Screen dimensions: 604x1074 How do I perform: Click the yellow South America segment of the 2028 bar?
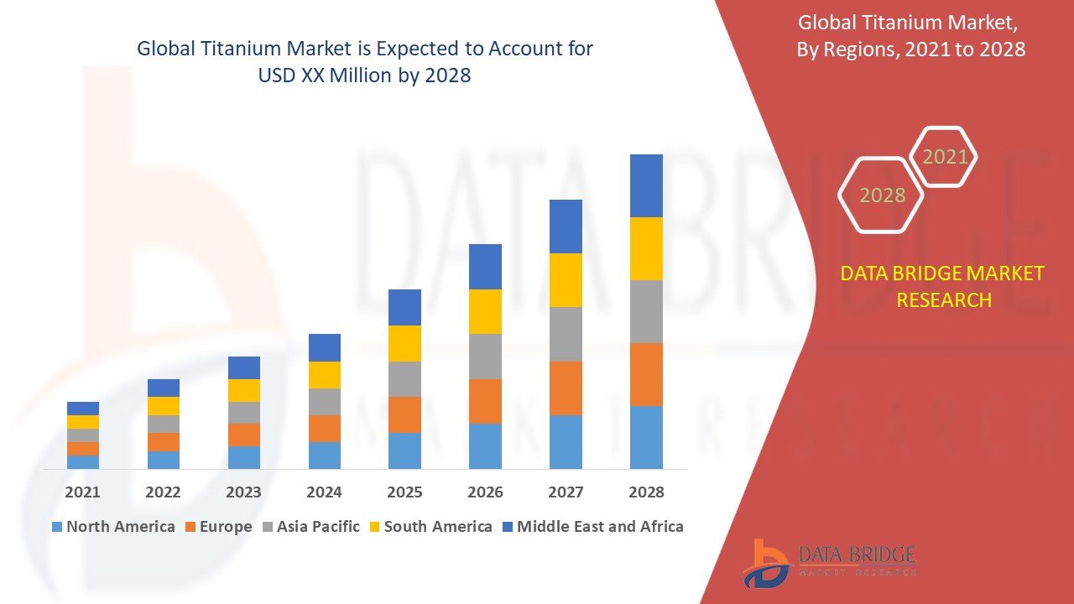click(x=646, y=248)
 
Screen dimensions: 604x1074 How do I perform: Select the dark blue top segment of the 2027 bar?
click(x=566, y=226)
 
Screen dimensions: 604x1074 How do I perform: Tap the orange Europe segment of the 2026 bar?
click(x=485, y=401)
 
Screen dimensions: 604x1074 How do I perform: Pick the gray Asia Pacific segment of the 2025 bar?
click(x=404, y=379)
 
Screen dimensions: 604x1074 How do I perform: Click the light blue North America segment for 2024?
click(x=324, y=455)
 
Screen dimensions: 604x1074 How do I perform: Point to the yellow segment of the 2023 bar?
click(x=244, y=390)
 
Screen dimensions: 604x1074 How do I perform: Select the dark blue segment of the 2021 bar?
click(x=83, y=409)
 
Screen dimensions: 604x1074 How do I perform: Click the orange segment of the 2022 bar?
click(x=164, y=442)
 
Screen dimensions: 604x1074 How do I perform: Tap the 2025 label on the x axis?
click(x=404, y=492)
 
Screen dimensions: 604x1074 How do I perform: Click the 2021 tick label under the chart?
click(x=83, y=492)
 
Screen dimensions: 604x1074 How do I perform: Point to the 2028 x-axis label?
click(x=646, y=492)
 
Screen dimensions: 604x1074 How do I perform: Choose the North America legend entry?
click(x=113, y=527)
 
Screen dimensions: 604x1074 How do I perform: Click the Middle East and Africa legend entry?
click(x=592, y=527)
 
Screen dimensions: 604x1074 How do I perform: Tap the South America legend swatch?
click(x=374, y=528)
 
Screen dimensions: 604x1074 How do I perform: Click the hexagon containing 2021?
click(x=945, y=157)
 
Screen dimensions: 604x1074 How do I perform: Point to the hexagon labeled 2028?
click(x=882, y=195)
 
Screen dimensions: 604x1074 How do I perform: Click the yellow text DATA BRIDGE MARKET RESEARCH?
click(x=943, y=286)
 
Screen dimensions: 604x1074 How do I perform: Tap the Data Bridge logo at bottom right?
click(x=830, y=562)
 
